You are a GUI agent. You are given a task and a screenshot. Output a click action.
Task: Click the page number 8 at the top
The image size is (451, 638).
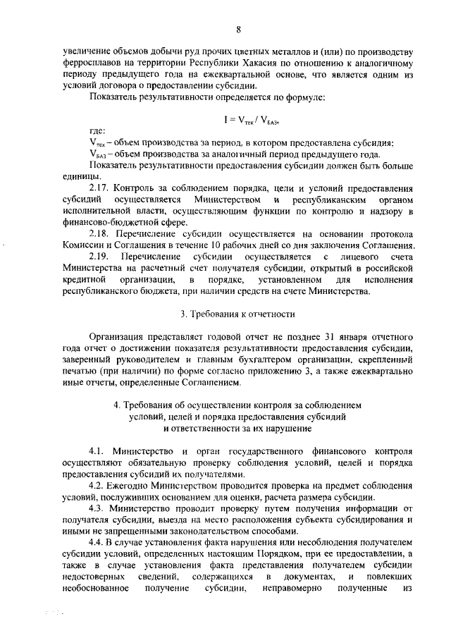tap(239, 29)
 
